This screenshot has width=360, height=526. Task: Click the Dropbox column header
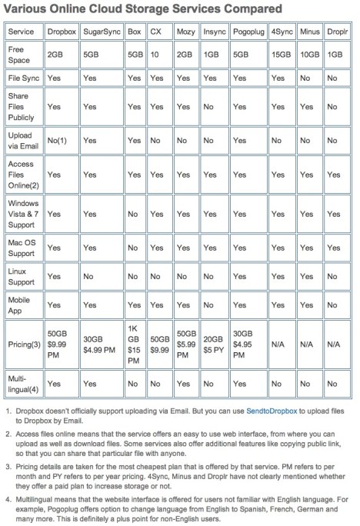pyautogui.click(x=61, y=34)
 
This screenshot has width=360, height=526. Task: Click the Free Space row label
pyautogui.click(x=18, y=56)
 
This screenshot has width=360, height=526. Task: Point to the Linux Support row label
pyautogui.click(x=21, y=275)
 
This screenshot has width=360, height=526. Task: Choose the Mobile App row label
pyautogui.click(x=19, y=304)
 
